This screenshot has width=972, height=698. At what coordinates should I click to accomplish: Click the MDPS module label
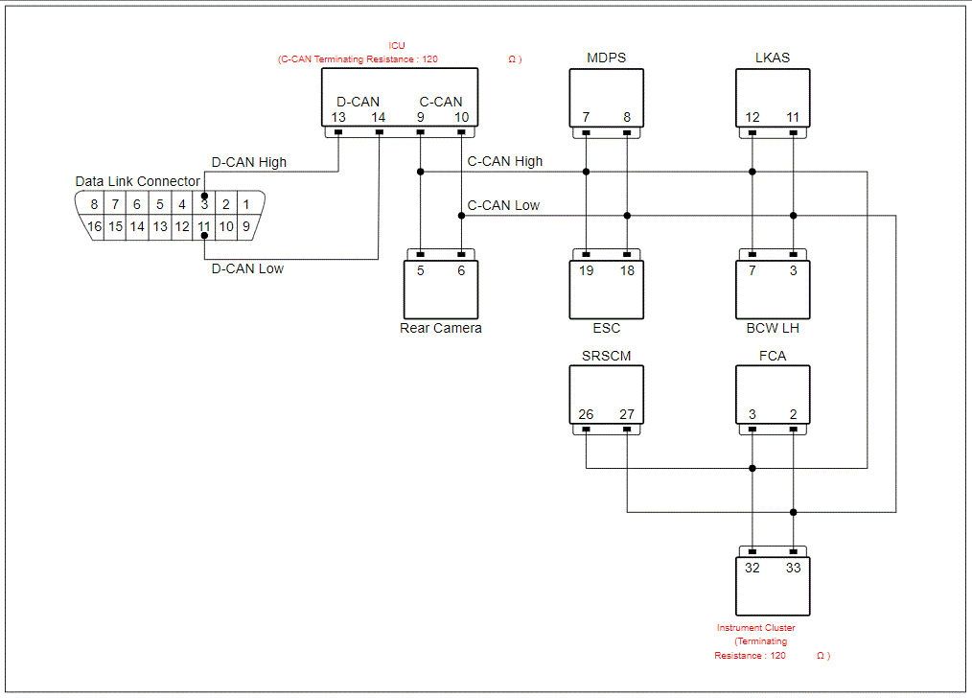606,58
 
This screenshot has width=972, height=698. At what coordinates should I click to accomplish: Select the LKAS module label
773,58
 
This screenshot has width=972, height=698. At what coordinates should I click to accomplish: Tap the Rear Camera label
441,328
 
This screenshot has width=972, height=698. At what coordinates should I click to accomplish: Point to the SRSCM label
606,356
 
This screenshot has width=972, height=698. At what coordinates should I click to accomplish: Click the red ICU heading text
397,46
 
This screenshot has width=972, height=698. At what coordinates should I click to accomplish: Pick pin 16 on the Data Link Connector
94,226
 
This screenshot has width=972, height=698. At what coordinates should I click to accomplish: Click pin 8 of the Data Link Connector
94,204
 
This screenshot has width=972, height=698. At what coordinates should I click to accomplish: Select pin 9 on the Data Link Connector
246,226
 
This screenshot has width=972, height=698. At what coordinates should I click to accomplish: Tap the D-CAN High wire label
249,162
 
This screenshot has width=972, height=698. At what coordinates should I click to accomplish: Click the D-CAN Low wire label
247,268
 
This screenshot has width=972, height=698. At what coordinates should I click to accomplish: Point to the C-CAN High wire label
504,161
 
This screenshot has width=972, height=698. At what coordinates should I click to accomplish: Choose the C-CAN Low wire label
503,205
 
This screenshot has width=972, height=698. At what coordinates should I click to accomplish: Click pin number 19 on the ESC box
586,270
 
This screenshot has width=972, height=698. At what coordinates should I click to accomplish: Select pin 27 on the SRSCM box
627,414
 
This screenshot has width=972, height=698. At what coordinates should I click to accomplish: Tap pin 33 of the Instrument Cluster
793,568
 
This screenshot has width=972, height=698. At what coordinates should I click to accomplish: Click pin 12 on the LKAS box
752,117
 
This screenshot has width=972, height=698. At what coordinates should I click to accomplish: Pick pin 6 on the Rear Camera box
461,270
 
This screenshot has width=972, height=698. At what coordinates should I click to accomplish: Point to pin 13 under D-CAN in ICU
337,117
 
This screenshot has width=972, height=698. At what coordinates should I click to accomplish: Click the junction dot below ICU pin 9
420,172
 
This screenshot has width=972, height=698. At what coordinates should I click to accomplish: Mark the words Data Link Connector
138,181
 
